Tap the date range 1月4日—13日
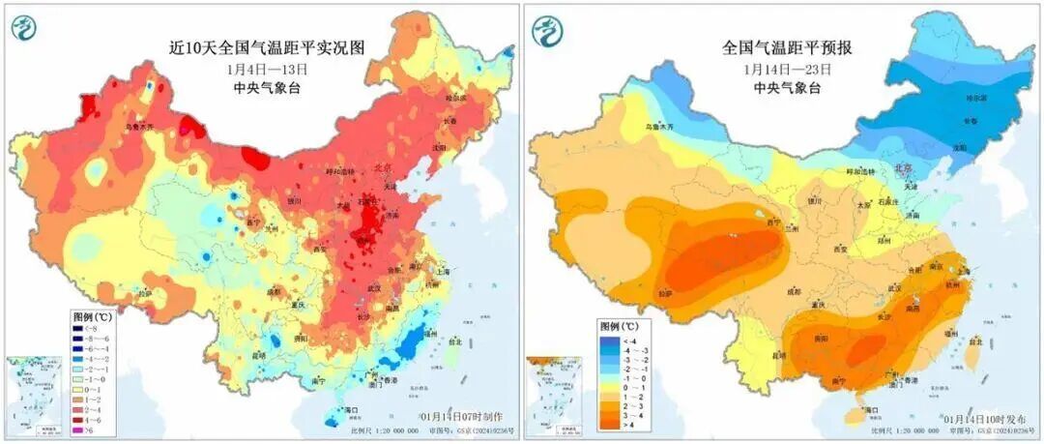pos(267,69)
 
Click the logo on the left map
pos(25,28)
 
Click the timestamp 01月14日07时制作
pos(458,416)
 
